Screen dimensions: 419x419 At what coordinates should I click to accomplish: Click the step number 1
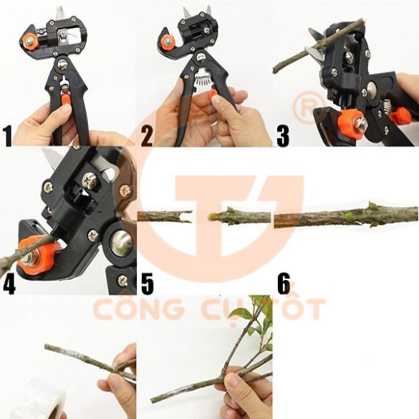coord(8,136)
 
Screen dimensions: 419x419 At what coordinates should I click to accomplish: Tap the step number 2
coord(147,136)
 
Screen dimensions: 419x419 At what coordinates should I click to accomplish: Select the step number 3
coord(283,136)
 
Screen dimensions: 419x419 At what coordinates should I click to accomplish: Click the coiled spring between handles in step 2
coord(203,79)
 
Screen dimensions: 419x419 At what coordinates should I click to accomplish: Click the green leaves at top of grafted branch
coord(256,317)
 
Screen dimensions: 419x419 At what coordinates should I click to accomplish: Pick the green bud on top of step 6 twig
coord(370,204)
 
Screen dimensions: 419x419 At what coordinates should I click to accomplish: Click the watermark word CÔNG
coord(138,309)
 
